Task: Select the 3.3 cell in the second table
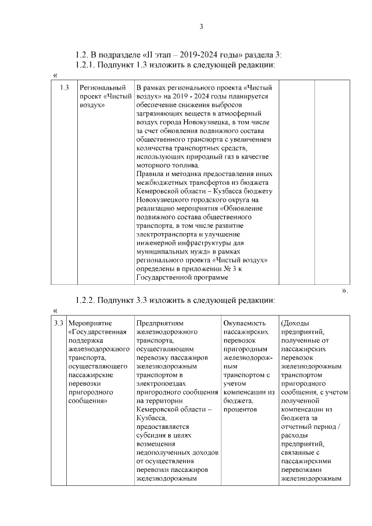click(58, 323)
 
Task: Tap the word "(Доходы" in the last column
click(296, 323)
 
